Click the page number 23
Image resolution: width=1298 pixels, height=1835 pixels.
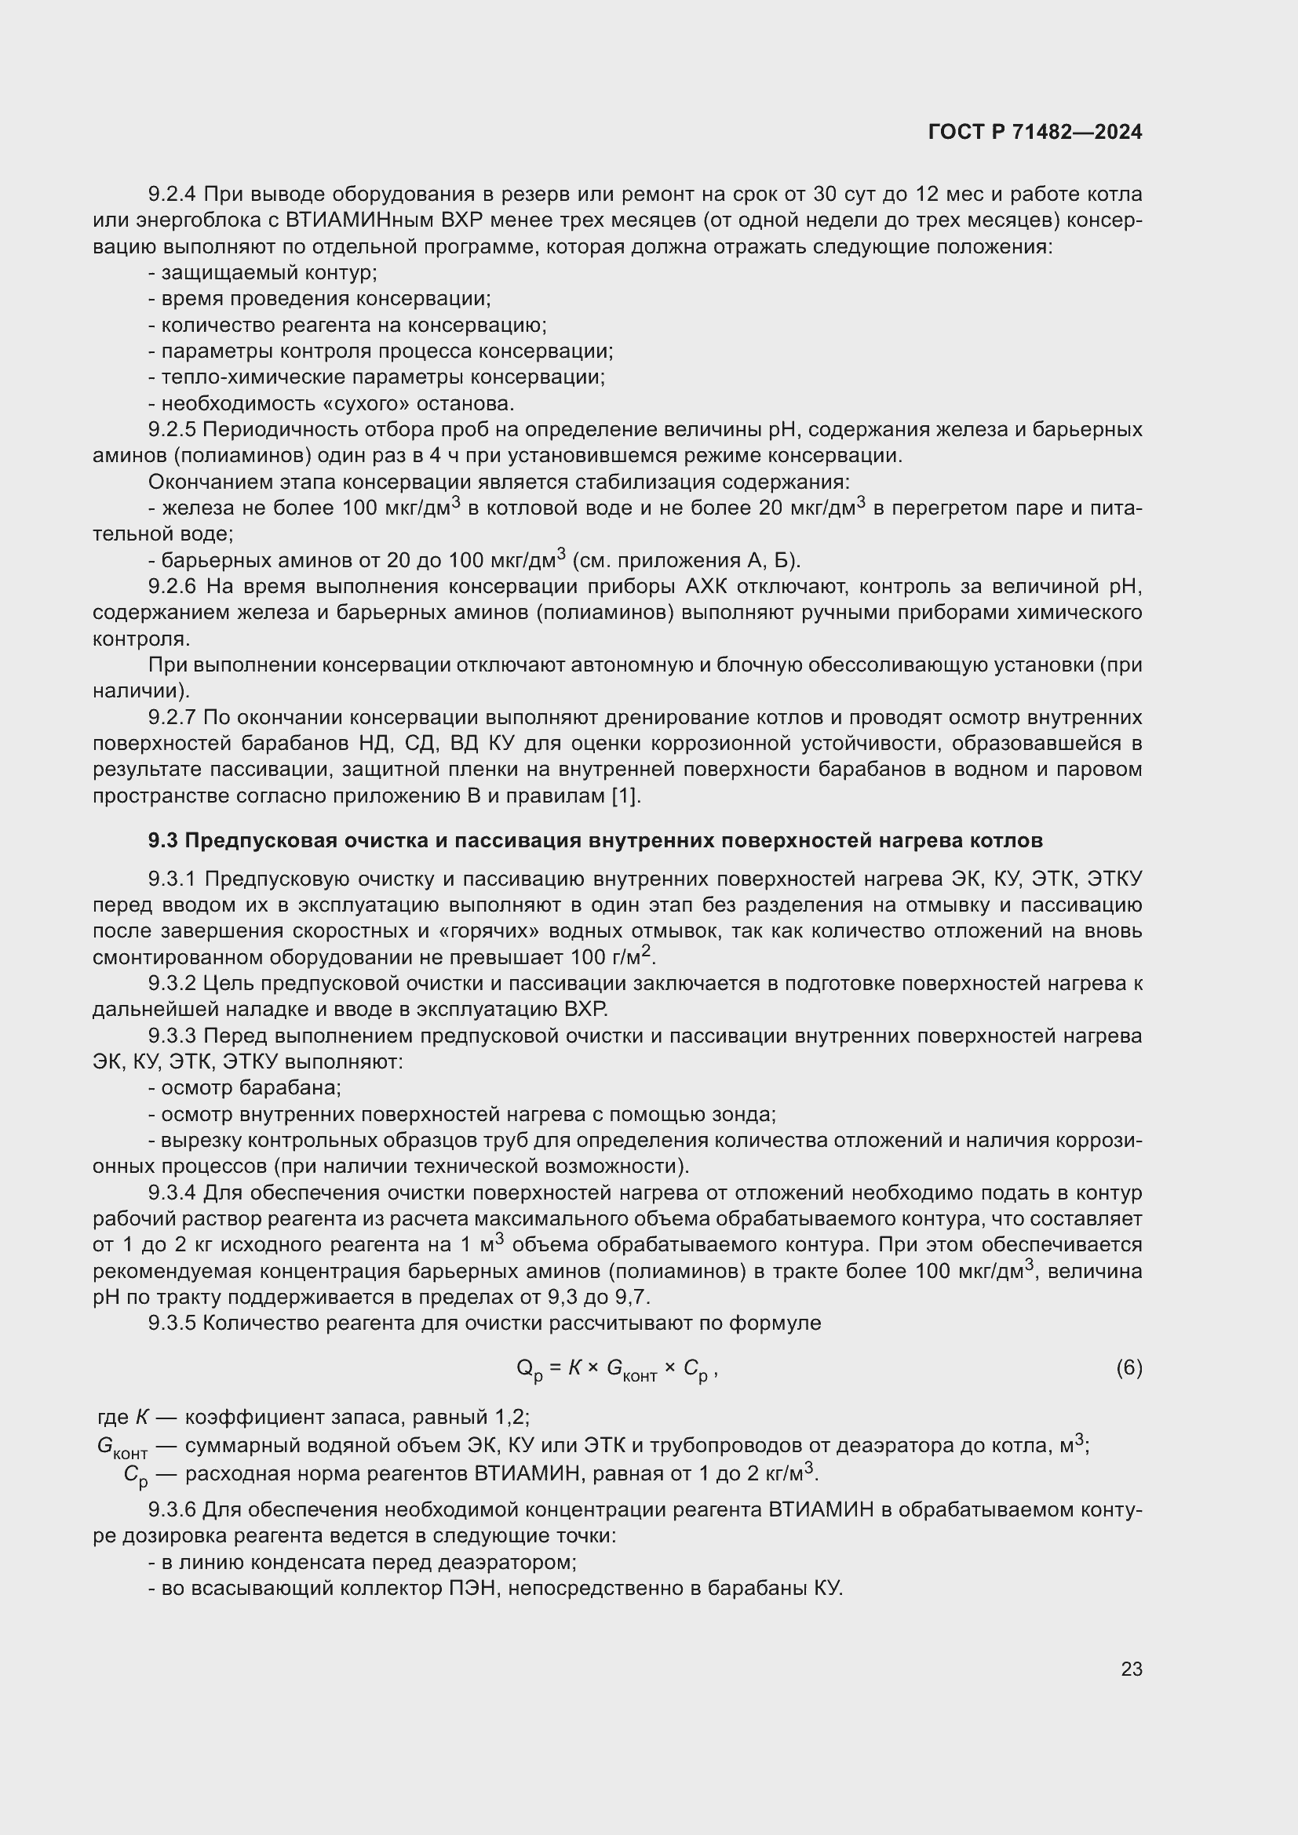1131,1669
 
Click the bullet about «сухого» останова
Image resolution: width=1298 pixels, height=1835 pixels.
331,403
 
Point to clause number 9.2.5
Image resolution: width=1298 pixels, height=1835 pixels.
172,430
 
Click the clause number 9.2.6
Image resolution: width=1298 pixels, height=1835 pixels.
172,587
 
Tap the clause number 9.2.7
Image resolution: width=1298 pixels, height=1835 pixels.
172,717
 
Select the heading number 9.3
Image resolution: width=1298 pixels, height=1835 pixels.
163,841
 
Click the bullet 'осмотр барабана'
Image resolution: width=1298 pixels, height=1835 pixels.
245,1087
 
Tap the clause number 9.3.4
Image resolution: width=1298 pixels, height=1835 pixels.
172,1192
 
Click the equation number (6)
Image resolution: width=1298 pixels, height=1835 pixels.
1128,1368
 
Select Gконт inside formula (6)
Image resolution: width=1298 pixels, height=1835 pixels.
631,1370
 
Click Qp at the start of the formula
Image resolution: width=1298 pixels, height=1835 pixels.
529,1370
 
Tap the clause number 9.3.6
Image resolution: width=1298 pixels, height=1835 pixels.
172,1509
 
